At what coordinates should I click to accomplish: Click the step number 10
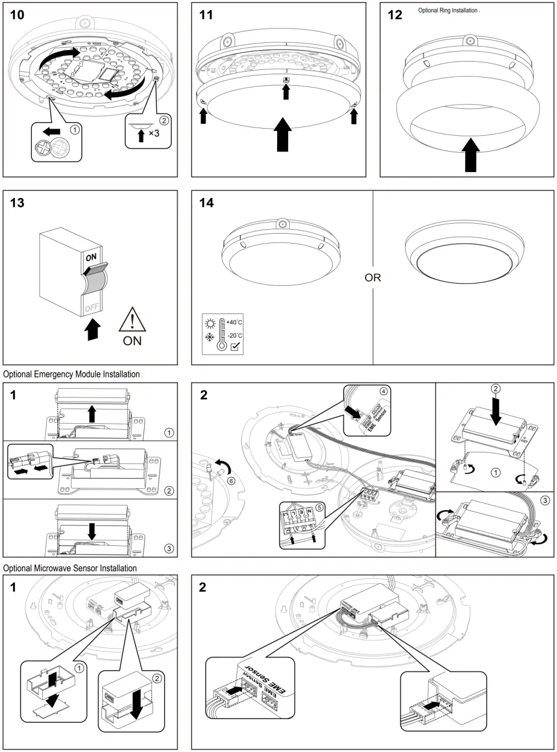click(x=17, y=15)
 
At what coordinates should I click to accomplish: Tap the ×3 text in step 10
click(x=154, y=133)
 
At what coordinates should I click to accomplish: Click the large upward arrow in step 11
click(x=283, y=134)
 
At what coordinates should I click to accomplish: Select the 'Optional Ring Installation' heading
click(x=448, y=10)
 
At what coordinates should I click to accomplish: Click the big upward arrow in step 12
click(x=471, y=154)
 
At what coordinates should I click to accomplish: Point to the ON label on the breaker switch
click(x=91, y=257)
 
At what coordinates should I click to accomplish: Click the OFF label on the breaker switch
click(x=91, y=308)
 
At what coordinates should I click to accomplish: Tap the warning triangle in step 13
click(x=132, y=320)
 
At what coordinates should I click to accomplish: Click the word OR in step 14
click(x=373, y=278)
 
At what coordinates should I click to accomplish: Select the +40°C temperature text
click(x=234, y=322)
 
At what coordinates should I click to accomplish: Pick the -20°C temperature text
click(x=234, y=335)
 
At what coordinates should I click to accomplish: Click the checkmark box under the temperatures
click(x=235, y=347)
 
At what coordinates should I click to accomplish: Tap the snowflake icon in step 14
click(x=209, y=336)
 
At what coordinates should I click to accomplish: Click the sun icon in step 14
click(x=209, y=323)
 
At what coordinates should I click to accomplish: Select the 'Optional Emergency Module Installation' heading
click(x=71, y=374)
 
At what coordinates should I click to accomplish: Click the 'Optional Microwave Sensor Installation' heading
click(x=70, y=568)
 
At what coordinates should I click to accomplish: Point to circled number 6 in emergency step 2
click(x=231, y=481)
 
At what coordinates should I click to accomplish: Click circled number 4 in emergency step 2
click(x=383, y=391)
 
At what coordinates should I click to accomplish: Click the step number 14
click(x=206, y=203)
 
